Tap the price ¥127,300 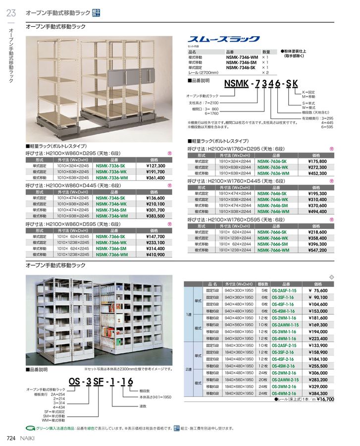pos(155,167)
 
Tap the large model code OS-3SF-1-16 pos(101,382)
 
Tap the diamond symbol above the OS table pos(332,277)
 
